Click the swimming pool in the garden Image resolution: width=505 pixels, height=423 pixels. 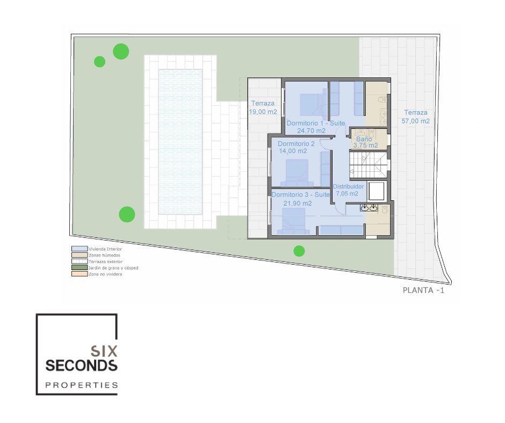181,142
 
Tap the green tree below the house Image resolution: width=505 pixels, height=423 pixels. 299,251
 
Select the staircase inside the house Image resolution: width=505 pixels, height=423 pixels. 368,164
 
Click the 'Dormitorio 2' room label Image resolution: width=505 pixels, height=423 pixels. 296,143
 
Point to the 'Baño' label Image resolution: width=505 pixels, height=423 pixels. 364,139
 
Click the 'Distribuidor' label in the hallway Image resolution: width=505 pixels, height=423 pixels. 348,186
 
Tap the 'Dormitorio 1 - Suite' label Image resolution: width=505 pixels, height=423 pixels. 316,123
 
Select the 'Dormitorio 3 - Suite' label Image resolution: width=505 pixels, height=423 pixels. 300,195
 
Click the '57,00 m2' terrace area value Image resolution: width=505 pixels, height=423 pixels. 415,121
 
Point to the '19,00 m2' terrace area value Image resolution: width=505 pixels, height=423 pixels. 263,112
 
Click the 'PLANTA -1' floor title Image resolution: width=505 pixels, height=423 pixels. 423,290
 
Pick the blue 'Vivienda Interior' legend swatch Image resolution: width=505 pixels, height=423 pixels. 80,249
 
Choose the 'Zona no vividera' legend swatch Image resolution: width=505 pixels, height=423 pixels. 80,274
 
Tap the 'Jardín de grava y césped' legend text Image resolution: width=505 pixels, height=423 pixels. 113,268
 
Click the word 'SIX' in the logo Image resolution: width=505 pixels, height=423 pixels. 104,351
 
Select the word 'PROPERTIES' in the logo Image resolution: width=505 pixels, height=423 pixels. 82,385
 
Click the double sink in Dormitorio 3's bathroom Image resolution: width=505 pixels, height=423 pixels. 369,208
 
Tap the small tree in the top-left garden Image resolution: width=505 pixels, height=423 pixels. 99,62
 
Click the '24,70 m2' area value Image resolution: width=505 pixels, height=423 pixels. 311,130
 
